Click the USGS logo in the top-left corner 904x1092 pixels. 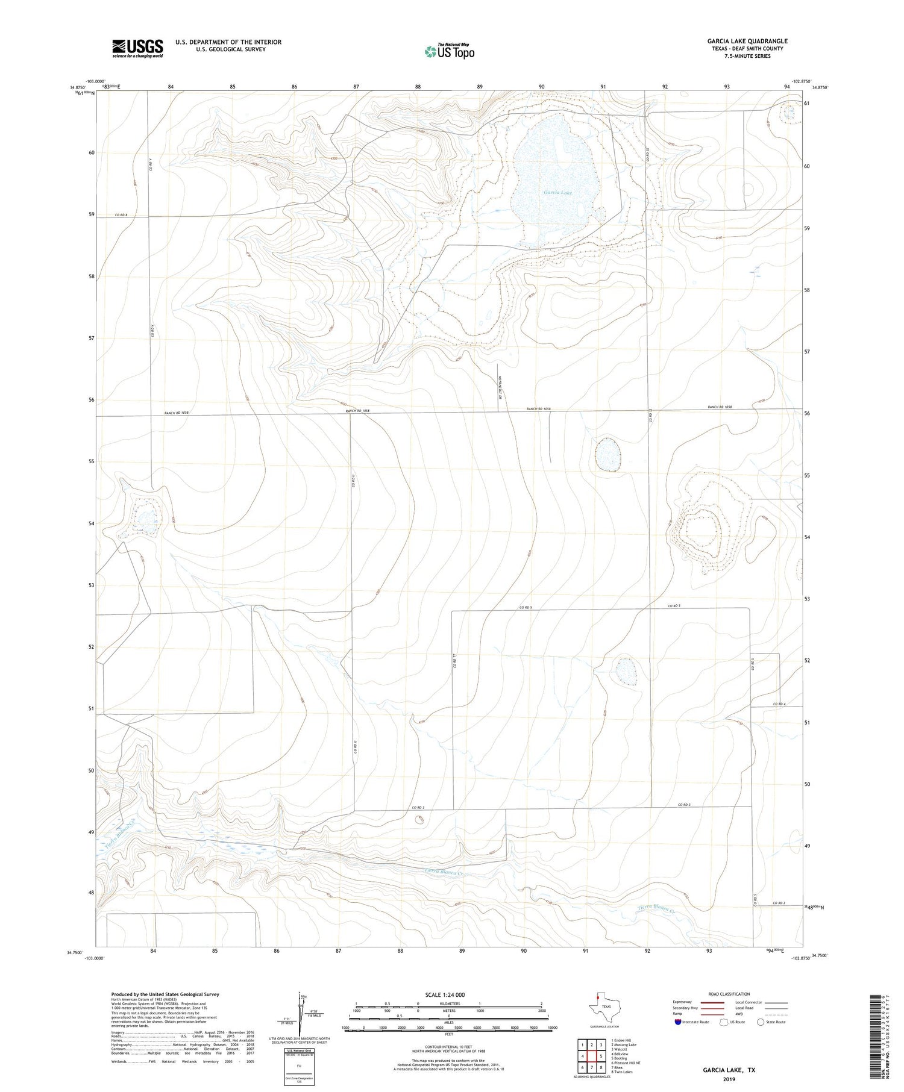point(137,48)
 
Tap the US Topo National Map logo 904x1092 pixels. point(449,52)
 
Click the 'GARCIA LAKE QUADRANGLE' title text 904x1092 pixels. point(747,41)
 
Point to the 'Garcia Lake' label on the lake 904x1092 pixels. point(557,193)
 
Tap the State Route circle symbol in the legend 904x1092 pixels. point(761,1022)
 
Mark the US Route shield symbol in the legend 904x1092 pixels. point(724,1022)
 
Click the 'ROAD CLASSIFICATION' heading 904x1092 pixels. point(729,994)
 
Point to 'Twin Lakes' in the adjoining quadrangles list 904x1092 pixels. point(624,1072)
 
